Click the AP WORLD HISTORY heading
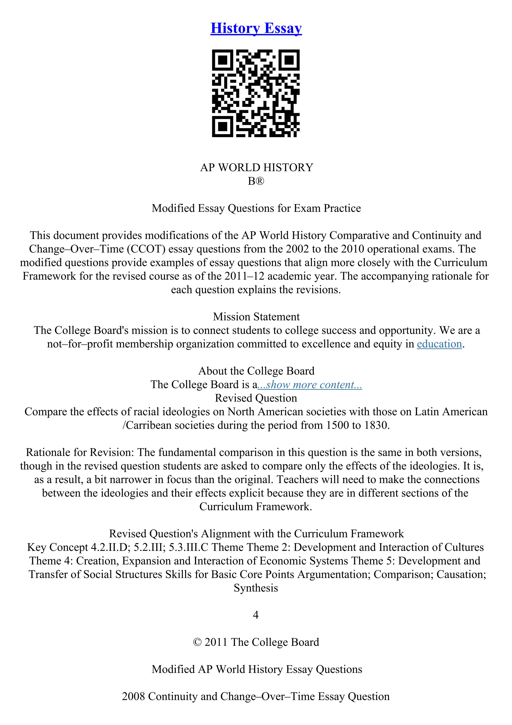pyautogui.click(x=256, y=167)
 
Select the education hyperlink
pyautogui.click(x=439, y=344)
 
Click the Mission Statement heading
pyautogui.click(x=256, y=317)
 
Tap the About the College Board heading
pyautogui.click(x=256, y=371)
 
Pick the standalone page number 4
pyautogui.click(x=256, y=615)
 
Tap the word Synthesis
pyautogui.click(x=256, y=588)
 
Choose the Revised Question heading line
pyautogui.click(x=256, y=398)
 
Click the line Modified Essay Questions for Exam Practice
pyautogui.click(x=256, y=208)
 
